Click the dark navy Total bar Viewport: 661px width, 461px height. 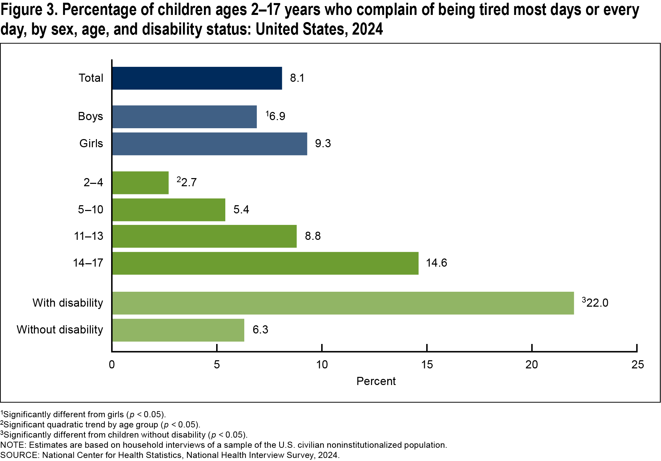197,78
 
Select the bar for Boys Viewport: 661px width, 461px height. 184,117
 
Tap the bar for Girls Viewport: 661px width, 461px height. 209,144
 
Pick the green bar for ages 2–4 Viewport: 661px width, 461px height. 140,183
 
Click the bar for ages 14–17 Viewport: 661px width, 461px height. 265,263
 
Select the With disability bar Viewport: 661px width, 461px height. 343,303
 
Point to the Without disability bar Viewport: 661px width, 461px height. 178,330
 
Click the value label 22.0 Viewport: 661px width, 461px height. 597,303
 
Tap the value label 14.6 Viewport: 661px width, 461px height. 436,263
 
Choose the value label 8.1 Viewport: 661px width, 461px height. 297,78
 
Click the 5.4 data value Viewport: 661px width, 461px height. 241,210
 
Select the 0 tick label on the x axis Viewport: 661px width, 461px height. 112,365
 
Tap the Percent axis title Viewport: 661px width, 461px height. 376,381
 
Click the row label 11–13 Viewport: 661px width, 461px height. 89,236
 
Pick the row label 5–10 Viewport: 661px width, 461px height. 90,210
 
